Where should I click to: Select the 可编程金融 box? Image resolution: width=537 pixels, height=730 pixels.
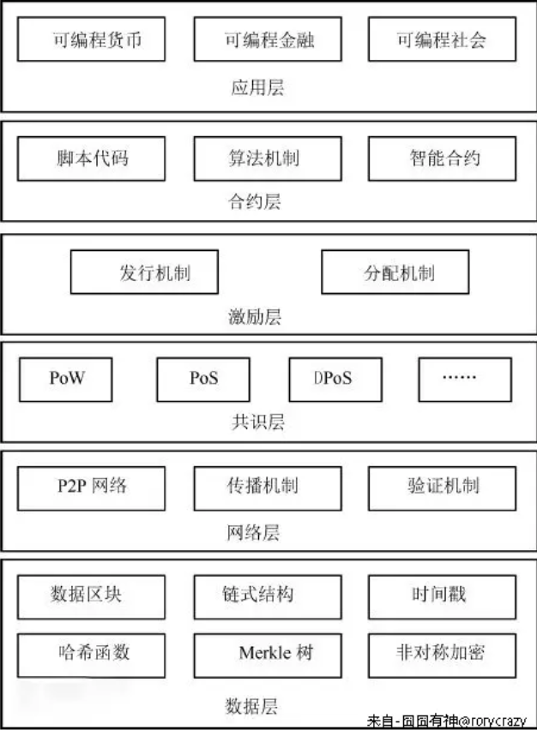268,39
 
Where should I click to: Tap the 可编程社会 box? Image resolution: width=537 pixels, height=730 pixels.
443,39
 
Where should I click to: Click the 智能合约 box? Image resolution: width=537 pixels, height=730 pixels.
443,158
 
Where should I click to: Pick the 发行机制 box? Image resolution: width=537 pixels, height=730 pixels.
144,272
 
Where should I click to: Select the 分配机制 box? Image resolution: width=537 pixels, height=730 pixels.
395,272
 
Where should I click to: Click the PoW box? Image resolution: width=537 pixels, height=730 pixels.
65,379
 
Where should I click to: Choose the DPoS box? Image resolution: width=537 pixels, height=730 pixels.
334,379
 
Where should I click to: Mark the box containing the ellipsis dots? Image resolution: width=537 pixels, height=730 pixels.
464,379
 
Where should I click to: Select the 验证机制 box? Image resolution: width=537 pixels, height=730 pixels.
443,487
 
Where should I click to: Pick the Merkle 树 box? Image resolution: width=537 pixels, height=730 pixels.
268,653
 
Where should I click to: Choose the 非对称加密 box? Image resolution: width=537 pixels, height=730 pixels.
443,653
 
